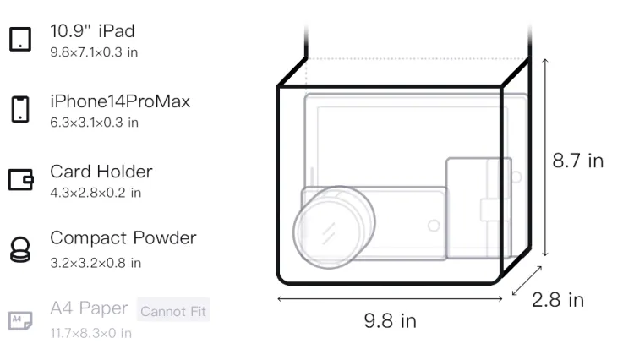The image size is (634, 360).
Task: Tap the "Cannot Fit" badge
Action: click(x=173, y=311)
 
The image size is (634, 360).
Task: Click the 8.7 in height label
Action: click(x=578, y=161)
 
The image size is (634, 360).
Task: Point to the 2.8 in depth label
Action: click(x=558, y=300)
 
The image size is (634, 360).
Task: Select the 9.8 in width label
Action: click(x=390, y=321)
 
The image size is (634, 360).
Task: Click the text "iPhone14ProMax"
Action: click(x=120, y=101)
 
